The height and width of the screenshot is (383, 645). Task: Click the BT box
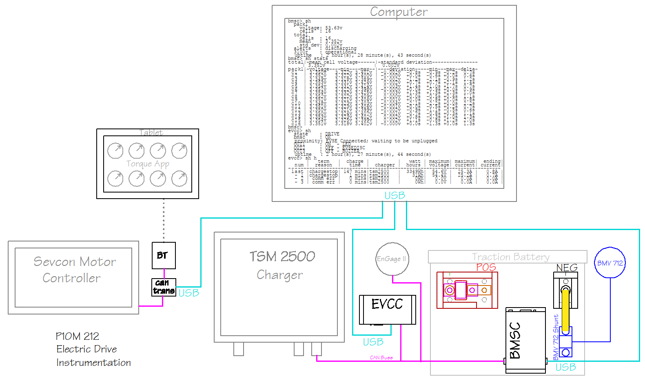[x=164, y=255]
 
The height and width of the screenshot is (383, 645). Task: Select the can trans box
[x=164, y=287]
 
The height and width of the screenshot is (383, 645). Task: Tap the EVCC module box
[x=387, y=310]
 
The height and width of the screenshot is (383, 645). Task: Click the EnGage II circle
[x=392, y=259]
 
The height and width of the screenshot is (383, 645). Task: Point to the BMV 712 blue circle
[x=610, y=263]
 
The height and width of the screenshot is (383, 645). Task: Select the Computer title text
[x=399, y=12]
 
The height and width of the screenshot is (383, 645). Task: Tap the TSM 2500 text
[x=282, y=257]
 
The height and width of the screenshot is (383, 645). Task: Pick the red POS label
[x=486, y=267]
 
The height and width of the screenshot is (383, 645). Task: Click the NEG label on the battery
[x=567, y=268]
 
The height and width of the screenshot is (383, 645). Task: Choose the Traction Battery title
[x=510, y=257]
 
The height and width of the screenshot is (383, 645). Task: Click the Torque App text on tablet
[x=148, y=164]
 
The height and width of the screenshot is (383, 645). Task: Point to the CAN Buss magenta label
[x=381, y=358]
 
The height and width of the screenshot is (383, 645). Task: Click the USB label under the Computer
[x=395, y=196]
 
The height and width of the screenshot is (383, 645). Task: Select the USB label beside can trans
[x=189, y=293]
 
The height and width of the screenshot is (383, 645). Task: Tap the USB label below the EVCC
[x=373, y=342]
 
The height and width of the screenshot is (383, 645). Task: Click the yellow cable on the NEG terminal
[x=565, y=310]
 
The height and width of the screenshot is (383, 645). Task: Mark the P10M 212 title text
[x=78, y=337]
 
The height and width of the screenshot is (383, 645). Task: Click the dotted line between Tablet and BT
[x=164, y=220]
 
